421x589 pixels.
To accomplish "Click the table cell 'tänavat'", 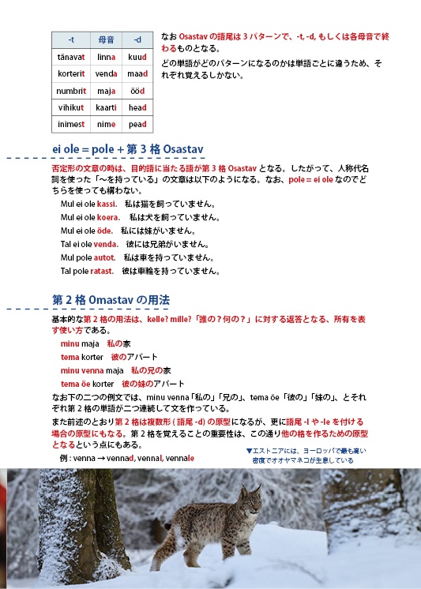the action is click(x=71, y=57).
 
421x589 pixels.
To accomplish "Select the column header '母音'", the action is click(x=107, y=39).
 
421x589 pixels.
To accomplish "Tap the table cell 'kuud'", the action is click(x=137, y=57).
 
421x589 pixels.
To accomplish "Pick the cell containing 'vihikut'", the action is click(x=71, y=107).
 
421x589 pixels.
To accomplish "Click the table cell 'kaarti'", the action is click(x=107, y=107).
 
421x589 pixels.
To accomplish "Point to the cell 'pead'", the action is click(x=137, y=124).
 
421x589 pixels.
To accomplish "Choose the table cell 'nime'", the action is click(x=107, y=124).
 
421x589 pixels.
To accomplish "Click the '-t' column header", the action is click(x=71, y=39).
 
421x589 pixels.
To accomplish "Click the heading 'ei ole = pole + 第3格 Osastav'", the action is click(x=128, y=149).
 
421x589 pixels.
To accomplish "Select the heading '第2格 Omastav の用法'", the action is click(x=110, y=300).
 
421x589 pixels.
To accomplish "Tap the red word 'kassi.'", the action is click(x=107, y=204).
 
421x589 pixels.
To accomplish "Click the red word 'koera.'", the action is click(x=108, y=217).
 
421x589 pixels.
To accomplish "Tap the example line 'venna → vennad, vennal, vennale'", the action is click(x=126, y=458).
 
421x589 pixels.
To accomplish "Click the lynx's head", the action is click(x=250, y=501).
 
